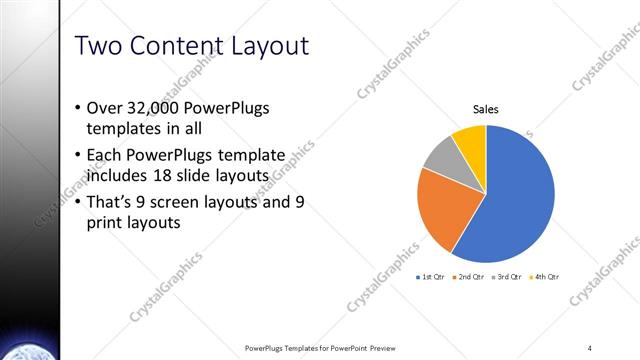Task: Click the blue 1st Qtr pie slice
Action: click(x=515, y=200)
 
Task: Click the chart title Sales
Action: click(x=486, y=110)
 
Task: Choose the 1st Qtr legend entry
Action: click(x=433, y=276)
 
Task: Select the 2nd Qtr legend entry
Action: click(x=470, y=276)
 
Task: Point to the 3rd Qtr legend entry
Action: click(x=508, y=276)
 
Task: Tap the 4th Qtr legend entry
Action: click(x=546, y=276)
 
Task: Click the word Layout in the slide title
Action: click(x=263, y=46)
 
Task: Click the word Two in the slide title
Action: click(x=97, y=46)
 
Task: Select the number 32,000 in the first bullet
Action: click(x=155, y=107)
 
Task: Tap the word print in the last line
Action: click(x=108, y=224)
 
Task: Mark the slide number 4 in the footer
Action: click(x=590, y=347)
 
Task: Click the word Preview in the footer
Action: click(x=381, y=347)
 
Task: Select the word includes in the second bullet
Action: click(x=119, y=175)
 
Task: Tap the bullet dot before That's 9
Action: click(x=79, y=203)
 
